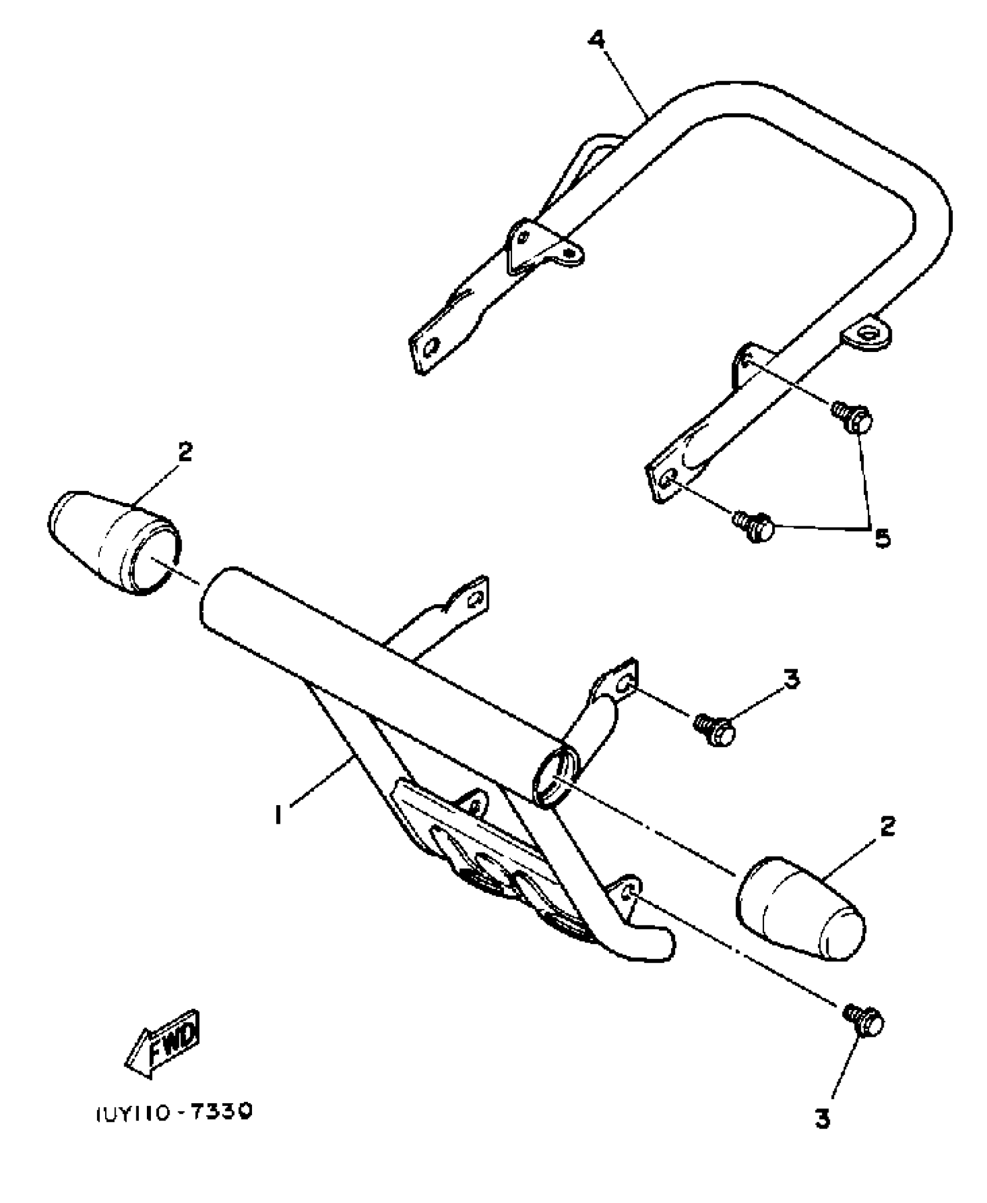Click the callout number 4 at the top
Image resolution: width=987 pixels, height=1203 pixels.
pos(596,41)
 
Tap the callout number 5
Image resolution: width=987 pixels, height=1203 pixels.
pos(882,538)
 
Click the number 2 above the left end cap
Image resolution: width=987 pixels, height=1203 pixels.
pos(185,451)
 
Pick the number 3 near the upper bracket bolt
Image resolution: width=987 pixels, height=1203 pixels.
pos(791,678)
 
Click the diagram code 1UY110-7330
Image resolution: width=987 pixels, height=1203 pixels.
pos(173,1112)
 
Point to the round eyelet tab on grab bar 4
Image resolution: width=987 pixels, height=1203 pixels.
pos(866,335)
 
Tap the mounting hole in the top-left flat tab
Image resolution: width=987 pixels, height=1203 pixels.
pos(431,349)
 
